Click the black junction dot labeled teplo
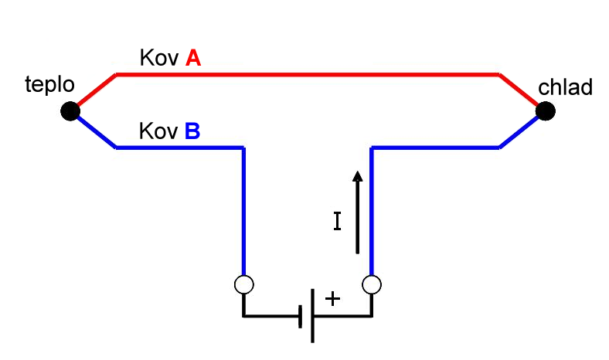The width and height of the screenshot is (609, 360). [70, 111]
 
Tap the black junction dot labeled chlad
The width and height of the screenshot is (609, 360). [546, 111]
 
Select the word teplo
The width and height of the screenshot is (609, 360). [49, 85]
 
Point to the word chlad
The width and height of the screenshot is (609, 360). [565, 87]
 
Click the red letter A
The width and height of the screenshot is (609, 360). [193, 58]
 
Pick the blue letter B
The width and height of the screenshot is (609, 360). [192, 131]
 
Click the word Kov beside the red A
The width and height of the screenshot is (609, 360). [159, 58]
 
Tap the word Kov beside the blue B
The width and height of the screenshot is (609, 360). [158, 131]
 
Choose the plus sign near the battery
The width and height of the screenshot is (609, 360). [332, 299]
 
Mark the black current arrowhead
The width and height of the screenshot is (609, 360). [358, 176]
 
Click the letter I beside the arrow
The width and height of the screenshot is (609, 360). [338, 221]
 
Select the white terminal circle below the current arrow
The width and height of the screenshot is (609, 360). [372, 284]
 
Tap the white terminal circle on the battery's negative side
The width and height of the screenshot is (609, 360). [244, 284]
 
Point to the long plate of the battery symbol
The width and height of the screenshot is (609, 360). [313, 316]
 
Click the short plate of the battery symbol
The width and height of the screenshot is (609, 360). [300, 317]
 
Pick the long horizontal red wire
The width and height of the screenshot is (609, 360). [308, 74]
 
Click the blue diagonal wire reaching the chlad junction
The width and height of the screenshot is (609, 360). [519, 132]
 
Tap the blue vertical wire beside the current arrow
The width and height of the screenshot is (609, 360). [372, 212]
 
